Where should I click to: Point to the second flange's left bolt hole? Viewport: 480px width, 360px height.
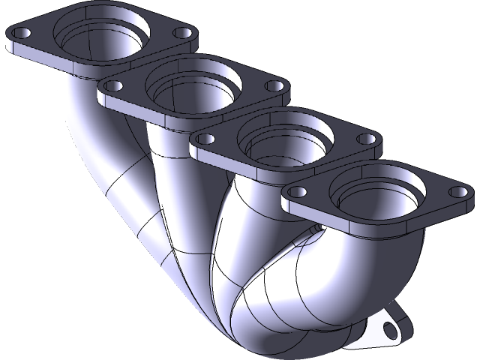tap(113, 87)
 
